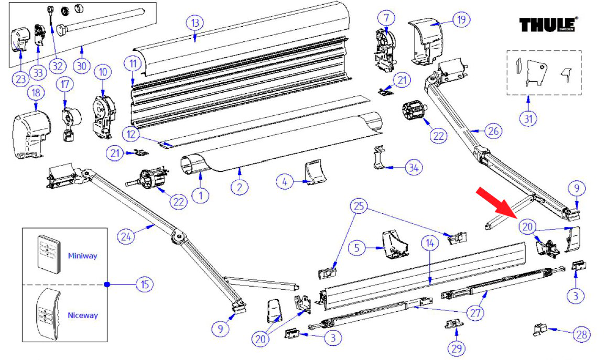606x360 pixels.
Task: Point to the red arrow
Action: click(x=497, y=201)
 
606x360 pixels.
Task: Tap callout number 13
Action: click(x=195, y=23)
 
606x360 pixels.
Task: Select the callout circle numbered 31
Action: click(x=529, y=118)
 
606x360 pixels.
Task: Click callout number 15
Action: click(x=144, y=285)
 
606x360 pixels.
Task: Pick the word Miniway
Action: click(x=82, y=256)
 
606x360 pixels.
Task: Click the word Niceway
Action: click(x=83, y=315)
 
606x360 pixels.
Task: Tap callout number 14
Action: click(x=429, y=243)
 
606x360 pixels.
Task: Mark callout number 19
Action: click(x=461, y=20)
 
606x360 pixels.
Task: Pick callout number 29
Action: click(x=455, y=347)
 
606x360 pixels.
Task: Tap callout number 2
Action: click(x=240, y=187)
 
